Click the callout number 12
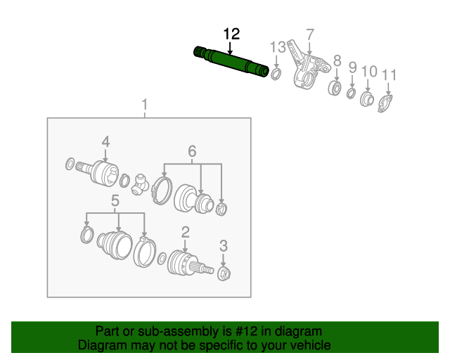(x=231, y=34)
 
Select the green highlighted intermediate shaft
(x=231, y=61)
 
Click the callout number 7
(x=309, y=34)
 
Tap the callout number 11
(x=390, y=75)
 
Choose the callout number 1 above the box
(x=144, y=105)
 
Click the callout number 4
(x=105, y=143)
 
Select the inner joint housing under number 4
(x=104, y=173)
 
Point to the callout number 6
(x=191, y=150)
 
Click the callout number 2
(x=186, y=231)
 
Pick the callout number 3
(x=224, y=245)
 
